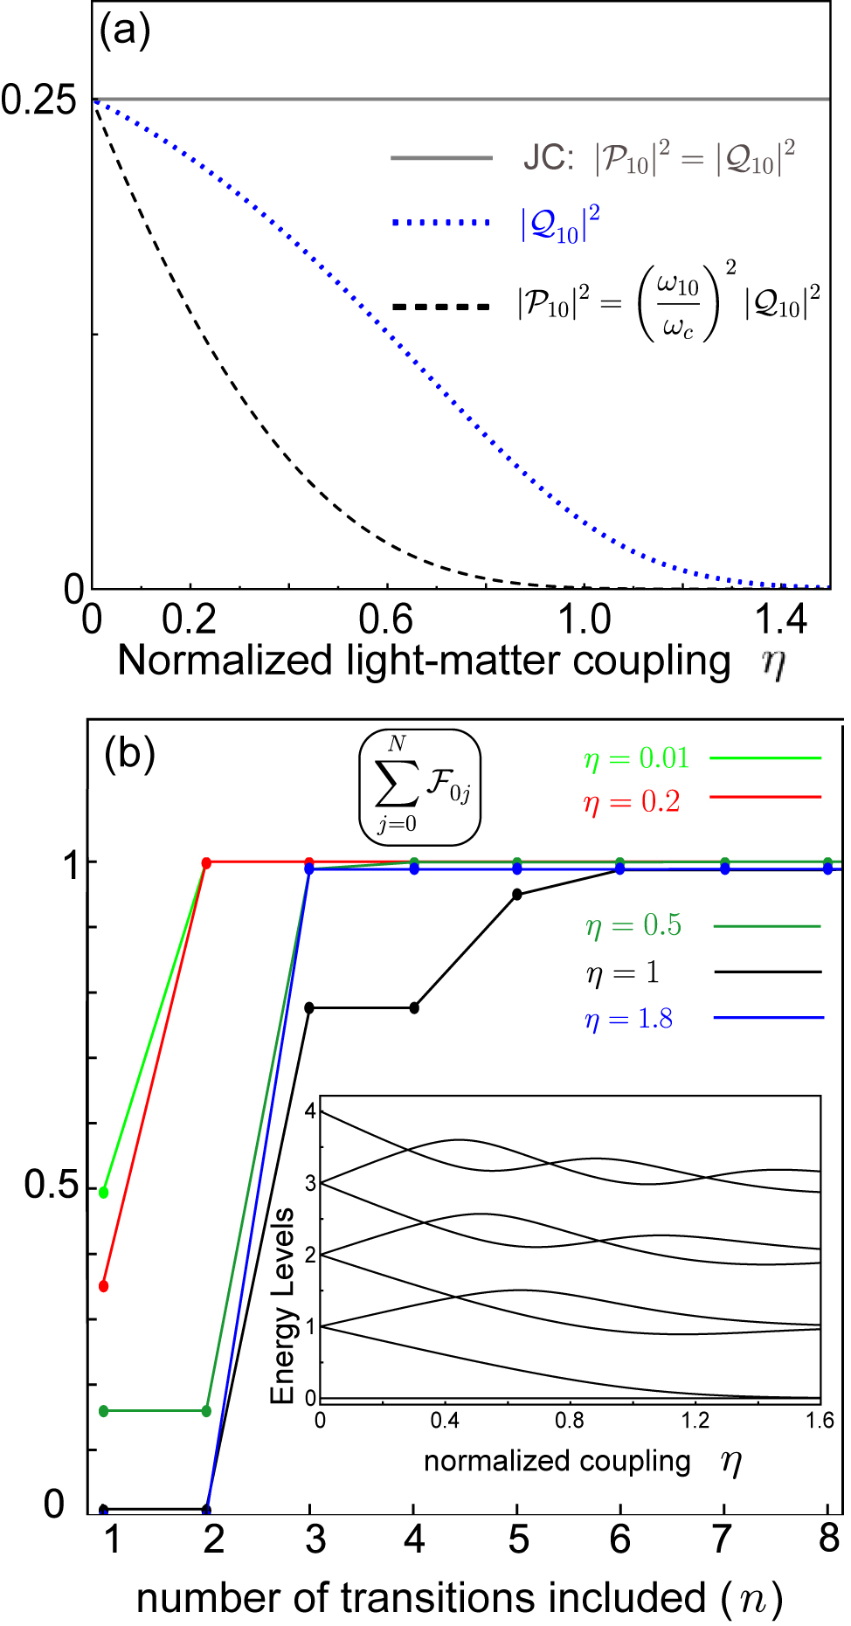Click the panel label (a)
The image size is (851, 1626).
coord(125,32)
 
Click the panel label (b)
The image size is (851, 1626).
coord(129,752)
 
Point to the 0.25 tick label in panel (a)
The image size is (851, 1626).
coord(39,100)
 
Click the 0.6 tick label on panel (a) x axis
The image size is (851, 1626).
coord(386,619)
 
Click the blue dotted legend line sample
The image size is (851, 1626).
coord(442,224)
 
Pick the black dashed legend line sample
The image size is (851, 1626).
coord(442,307)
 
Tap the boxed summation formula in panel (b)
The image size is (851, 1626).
coord(420,786)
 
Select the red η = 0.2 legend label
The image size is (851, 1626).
coord(632,801)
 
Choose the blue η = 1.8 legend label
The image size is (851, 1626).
coord(629,1019)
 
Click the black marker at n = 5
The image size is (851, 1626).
coord(517,894)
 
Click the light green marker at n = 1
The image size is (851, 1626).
coord(104,1193)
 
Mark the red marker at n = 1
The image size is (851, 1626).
coord(104,1286)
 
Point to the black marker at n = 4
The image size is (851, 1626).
coord(414,1007)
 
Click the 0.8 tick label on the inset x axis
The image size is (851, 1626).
coord(570,1421)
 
